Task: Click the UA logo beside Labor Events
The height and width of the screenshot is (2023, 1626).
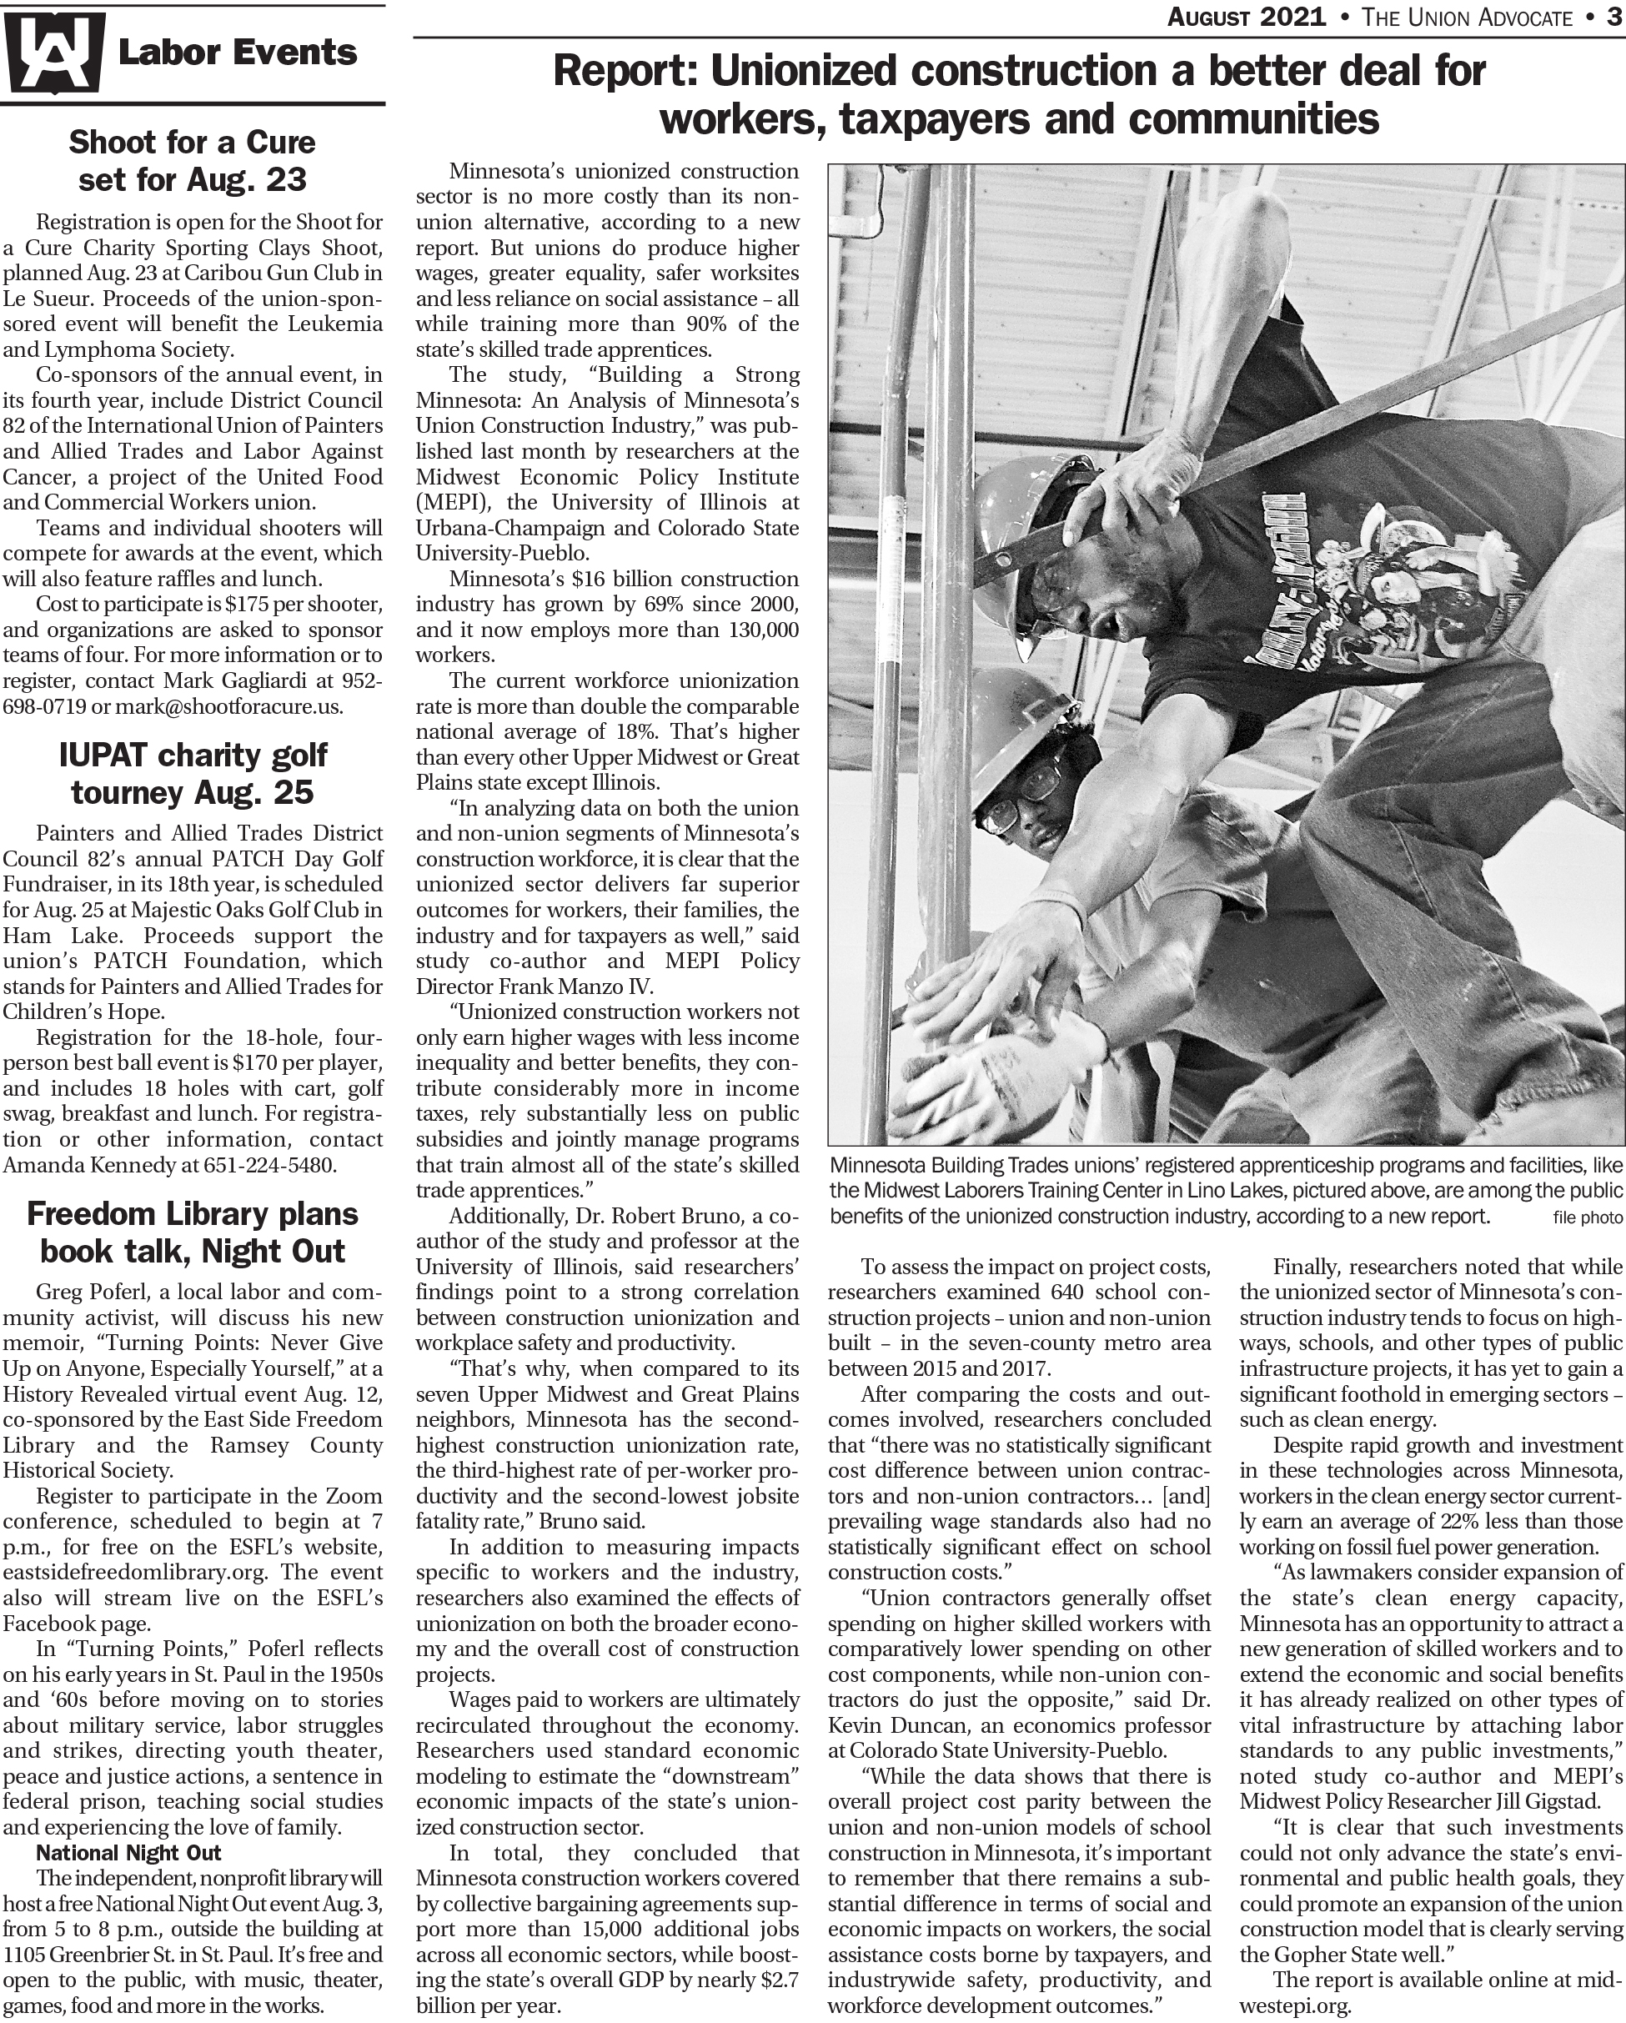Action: coord(52,54)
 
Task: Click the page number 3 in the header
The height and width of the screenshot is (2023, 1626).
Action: coord(1613,17)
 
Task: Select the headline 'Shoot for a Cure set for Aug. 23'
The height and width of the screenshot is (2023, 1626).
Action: coord(193,160)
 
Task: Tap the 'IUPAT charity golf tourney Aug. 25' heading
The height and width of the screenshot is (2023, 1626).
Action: coord(193,773)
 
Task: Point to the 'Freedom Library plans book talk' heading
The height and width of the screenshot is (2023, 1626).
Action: coord(193,1232)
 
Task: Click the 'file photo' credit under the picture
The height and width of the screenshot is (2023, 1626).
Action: coord(1588,1219)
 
